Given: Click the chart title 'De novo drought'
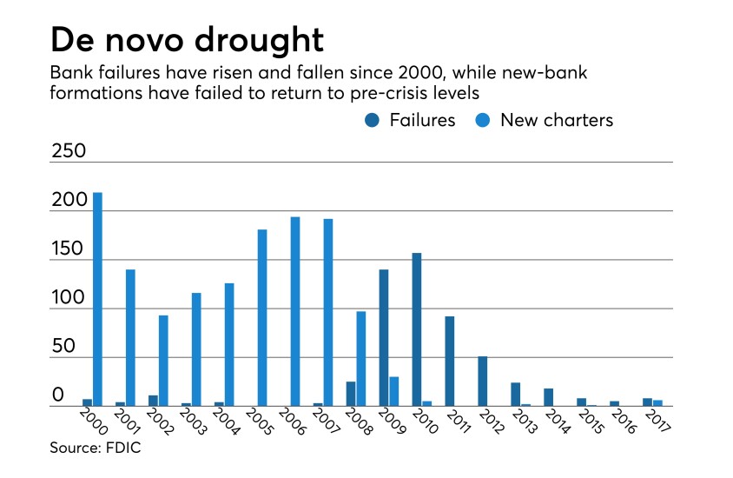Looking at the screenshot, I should (186, 40).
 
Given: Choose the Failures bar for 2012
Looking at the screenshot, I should (483, 381).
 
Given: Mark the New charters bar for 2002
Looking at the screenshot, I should (163, 360).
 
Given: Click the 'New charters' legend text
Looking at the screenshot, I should (557, 121).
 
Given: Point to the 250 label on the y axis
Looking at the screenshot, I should (68, 150).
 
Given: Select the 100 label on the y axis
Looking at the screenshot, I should (68, 297).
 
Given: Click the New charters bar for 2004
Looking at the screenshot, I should (229, 344).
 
